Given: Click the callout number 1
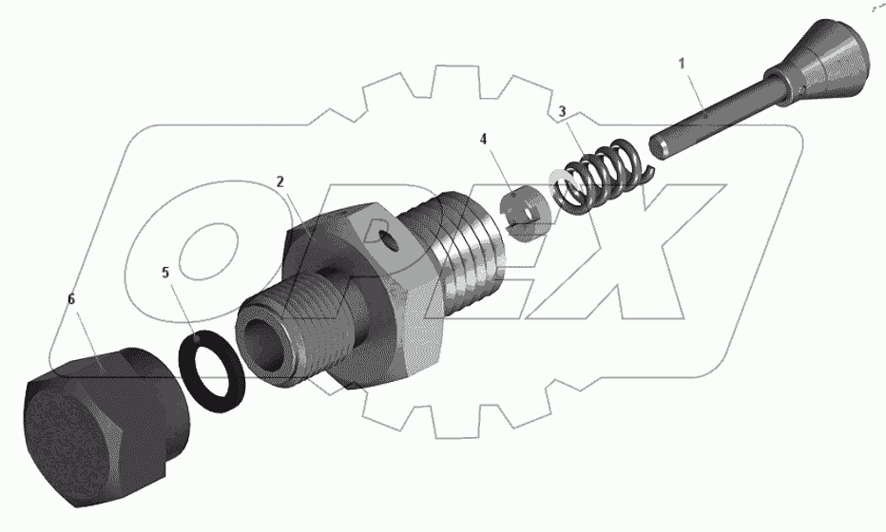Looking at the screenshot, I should pos(681,63).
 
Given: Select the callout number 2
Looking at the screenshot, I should pos(280,180).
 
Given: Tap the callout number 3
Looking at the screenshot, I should pos(563,112).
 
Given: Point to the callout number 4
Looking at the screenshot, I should pos(484,139).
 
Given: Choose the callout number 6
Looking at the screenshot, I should pos(70,299).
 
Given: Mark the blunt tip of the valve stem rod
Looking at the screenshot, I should pos(660,147).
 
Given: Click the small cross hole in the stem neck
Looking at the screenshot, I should pos(804,91).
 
